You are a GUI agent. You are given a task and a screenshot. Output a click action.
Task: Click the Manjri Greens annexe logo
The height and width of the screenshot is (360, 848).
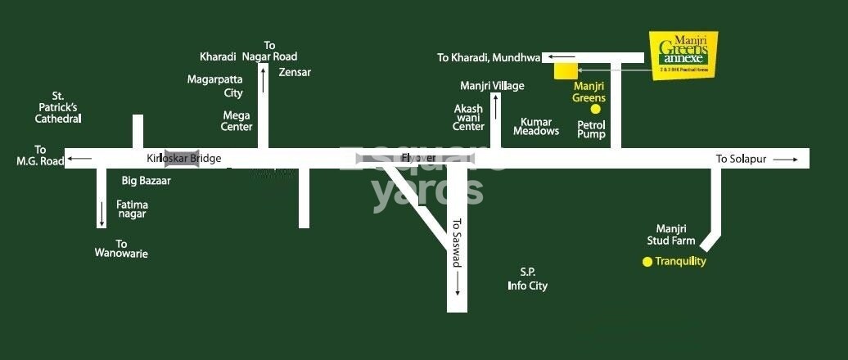click(x=683, y=55)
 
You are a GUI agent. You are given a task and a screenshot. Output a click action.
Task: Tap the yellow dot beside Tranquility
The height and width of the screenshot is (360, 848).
click(x=647, y=262)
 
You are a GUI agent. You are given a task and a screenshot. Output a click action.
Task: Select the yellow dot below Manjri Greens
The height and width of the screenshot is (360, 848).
click(x=596, y=108)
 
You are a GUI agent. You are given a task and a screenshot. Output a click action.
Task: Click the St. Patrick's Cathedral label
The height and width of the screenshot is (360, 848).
click(x=58, y=107)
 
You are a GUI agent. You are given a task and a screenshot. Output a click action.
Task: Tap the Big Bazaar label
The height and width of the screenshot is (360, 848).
click(x=146, y=180)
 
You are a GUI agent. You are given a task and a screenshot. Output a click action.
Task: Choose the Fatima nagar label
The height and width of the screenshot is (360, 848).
click(x=132, y=209)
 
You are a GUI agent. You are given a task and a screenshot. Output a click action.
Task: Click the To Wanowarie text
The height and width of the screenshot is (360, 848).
click(x=121, y=249)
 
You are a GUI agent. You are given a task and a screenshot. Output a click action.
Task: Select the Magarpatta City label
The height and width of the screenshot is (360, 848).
click(x=215, y=86)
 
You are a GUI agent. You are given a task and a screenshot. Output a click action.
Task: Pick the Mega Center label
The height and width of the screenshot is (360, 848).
click(x=237, y=121)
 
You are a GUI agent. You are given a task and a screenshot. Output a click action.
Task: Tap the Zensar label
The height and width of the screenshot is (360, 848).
click(x=295, y=72)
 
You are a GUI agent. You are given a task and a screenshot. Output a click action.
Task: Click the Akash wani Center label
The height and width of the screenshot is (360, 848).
click(x=469, y=117)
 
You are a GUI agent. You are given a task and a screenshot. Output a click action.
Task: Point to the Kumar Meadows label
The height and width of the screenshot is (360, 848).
click(x=535, y=126)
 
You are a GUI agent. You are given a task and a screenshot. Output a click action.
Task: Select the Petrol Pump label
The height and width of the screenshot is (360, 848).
click(x=591, y=129)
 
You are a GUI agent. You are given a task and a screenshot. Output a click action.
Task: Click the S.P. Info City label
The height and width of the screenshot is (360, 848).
click(x=527, y=279)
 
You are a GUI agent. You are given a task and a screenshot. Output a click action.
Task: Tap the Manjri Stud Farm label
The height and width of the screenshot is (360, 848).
click(x=675, y=235)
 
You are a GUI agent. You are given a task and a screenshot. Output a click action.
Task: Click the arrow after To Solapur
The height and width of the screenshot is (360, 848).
click(x=784, y=160)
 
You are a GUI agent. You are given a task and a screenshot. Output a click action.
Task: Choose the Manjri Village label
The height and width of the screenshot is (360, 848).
click(x=492, y=85)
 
